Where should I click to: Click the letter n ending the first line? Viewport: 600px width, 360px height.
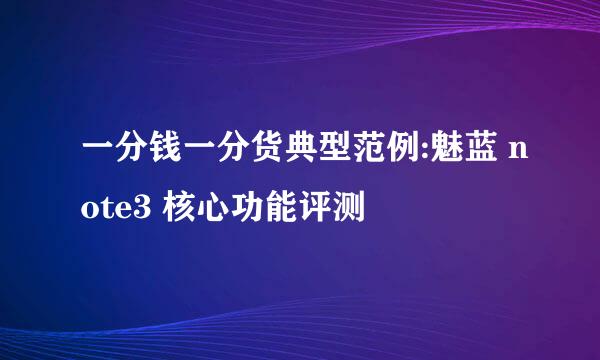pos(518,151)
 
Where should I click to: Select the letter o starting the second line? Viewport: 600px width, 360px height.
pos(90,210)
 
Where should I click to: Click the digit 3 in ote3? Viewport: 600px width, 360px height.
pos(141,207)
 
